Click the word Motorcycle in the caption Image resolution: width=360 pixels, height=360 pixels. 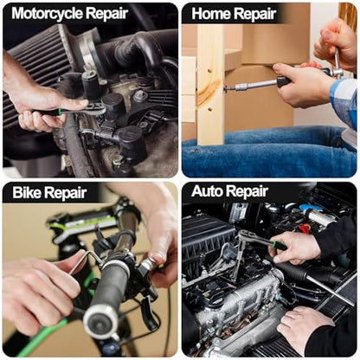click(x=47, y=14)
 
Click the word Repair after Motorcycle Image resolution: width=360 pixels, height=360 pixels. click(x=107, y=14)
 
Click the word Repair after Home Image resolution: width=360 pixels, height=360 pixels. click(x=255, y=15)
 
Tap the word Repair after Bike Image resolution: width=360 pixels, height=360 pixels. click(x=65, y=193)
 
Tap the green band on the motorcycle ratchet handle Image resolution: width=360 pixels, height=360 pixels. click(x=60, y=111)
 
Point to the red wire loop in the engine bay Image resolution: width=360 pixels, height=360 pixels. click(x=305, y=228)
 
